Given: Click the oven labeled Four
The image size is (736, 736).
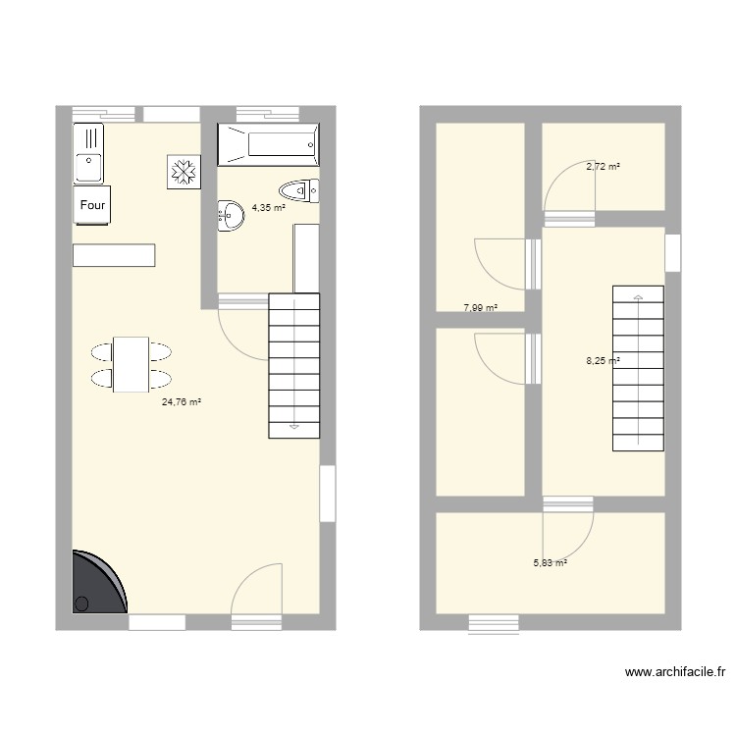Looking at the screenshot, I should tap(92, 205).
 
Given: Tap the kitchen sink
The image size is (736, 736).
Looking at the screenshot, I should tap(88, 153).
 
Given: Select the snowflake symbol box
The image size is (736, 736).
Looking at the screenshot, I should tap(184, 171).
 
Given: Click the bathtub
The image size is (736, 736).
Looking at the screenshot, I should tap(268, 144).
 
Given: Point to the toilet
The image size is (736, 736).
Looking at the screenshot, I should tap(298, 189).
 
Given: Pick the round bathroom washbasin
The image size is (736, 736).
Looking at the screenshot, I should tap(231, 215).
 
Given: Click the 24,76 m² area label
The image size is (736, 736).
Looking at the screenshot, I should tap(182, 401).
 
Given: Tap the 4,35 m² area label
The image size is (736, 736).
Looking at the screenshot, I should tap(268, 208).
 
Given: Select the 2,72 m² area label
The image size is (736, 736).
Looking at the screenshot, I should tap(603, 167).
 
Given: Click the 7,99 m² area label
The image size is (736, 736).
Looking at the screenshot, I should tap(480, 308).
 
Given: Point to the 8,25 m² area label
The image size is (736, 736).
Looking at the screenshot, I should tap(603, 361).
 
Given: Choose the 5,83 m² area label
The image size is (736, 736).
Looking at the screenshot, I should tap(550, 563).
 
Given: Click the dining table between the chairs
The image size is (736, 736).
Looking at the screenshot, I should tap(131, 364).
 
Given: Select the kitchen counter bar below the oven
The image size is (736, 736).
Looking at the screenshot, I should tap(114, 254).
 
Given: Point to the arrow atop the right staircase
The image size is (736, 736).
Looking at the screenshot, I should tap(638, 295).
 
